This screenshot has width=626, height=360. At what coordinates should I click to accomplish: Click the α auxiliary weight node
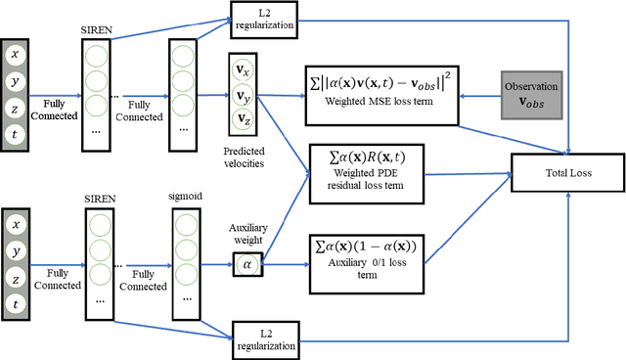(x=246, y=262)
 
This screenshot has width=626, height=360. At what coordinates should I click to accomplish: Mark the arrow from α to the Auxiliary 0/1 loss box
(x=284, y=262)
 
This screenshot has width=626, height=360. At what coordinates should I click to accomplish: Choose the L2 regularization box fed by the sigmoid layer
(x=264, y=337)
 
